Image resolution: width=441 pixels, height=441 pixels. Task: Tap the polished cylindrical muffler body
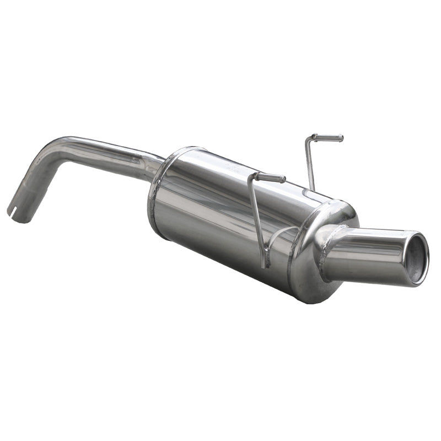tap(220, 215)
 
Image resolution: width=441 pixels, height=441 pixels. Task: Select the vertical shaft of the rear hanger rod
tap(310, 163)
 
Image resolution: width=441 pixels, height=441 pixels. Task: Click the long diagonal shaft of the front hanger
tap(257, 220)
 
